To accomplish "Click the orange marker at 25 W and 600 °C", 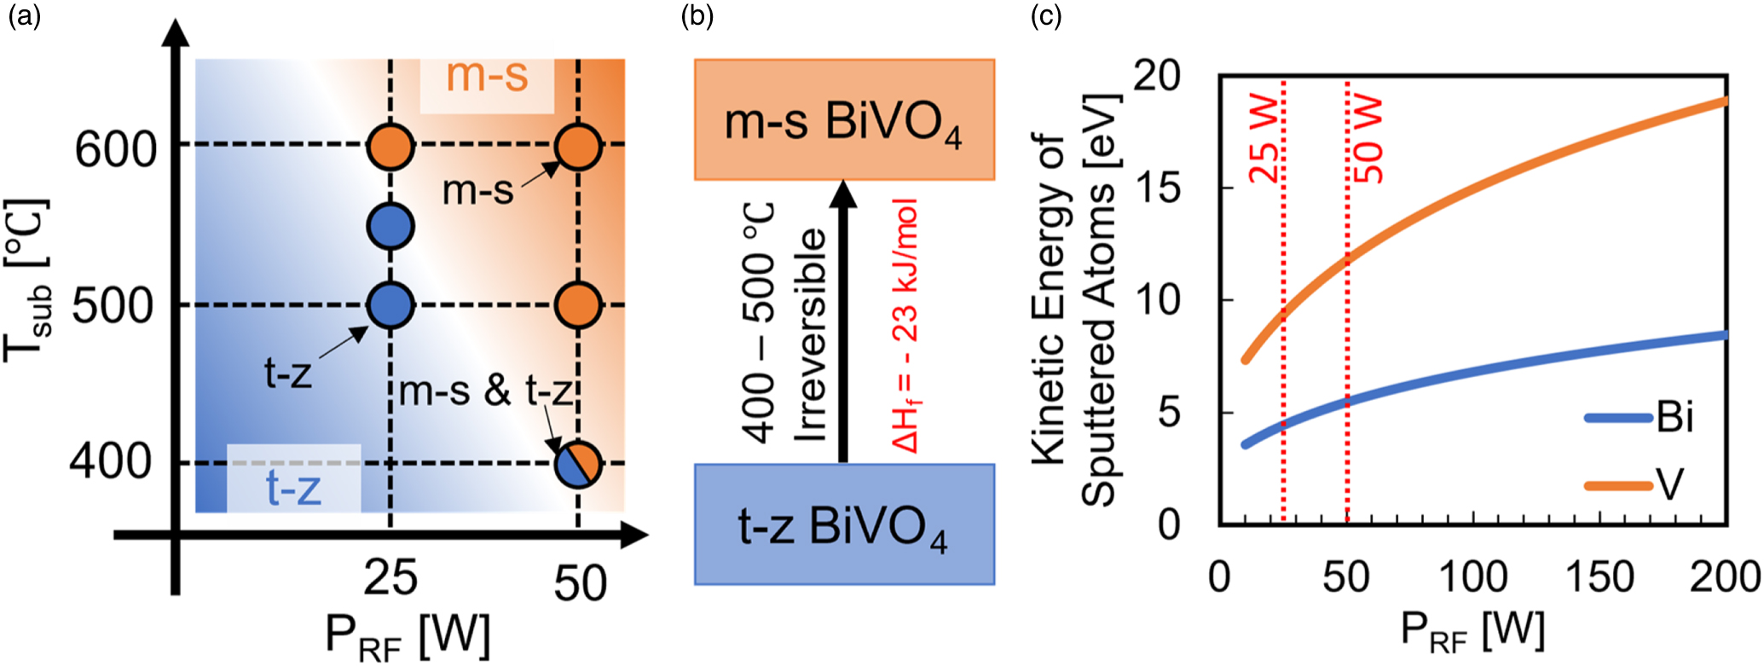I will click(x=390, y=146).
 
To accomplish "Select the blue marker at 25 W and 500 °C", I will click(x=390, y=305).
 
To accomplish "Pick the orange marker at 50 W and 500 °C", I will click(x=578, y=305).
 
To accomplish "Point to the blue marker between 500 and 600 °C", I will click(x=390, y=226).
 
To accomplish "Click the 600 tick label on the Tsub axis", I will click(x=116, y=150).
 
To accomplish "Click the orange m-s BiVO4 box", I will click(x=844, y=119).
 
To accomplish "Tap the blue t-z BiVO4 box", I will click(x=844, y=524).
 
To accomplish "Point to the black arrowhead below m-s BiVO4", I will click(x=843, y=194).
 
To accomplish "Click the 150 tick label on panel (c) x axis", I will click(x=1600, y=578).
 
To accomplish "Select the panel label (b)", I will click(x=697, y=16).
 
